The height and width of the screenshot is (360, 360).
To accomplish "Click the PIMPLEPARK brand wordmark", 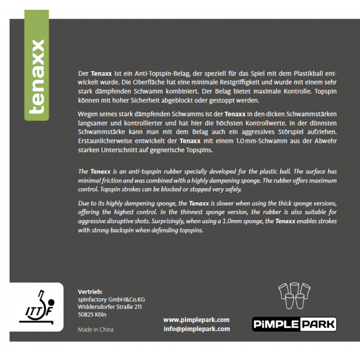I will pos(294,325).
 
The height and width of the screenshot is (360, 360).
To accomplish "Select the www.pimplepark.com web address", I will pos(196,319).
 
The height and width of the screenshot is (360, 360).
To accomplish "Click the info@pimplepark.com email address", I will pos(196,329).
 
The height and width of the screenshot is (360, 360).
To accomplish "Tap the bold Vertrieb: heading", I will pos(90,291).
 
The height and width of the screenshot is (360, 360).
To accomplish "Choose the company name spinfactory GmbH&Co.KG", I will pos(111,299).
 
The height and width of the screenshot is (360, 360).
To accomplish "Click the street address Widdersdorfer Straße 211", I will pos(110,307).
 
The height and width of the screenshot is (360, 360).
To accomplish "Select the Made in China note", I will pos(96,330).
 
